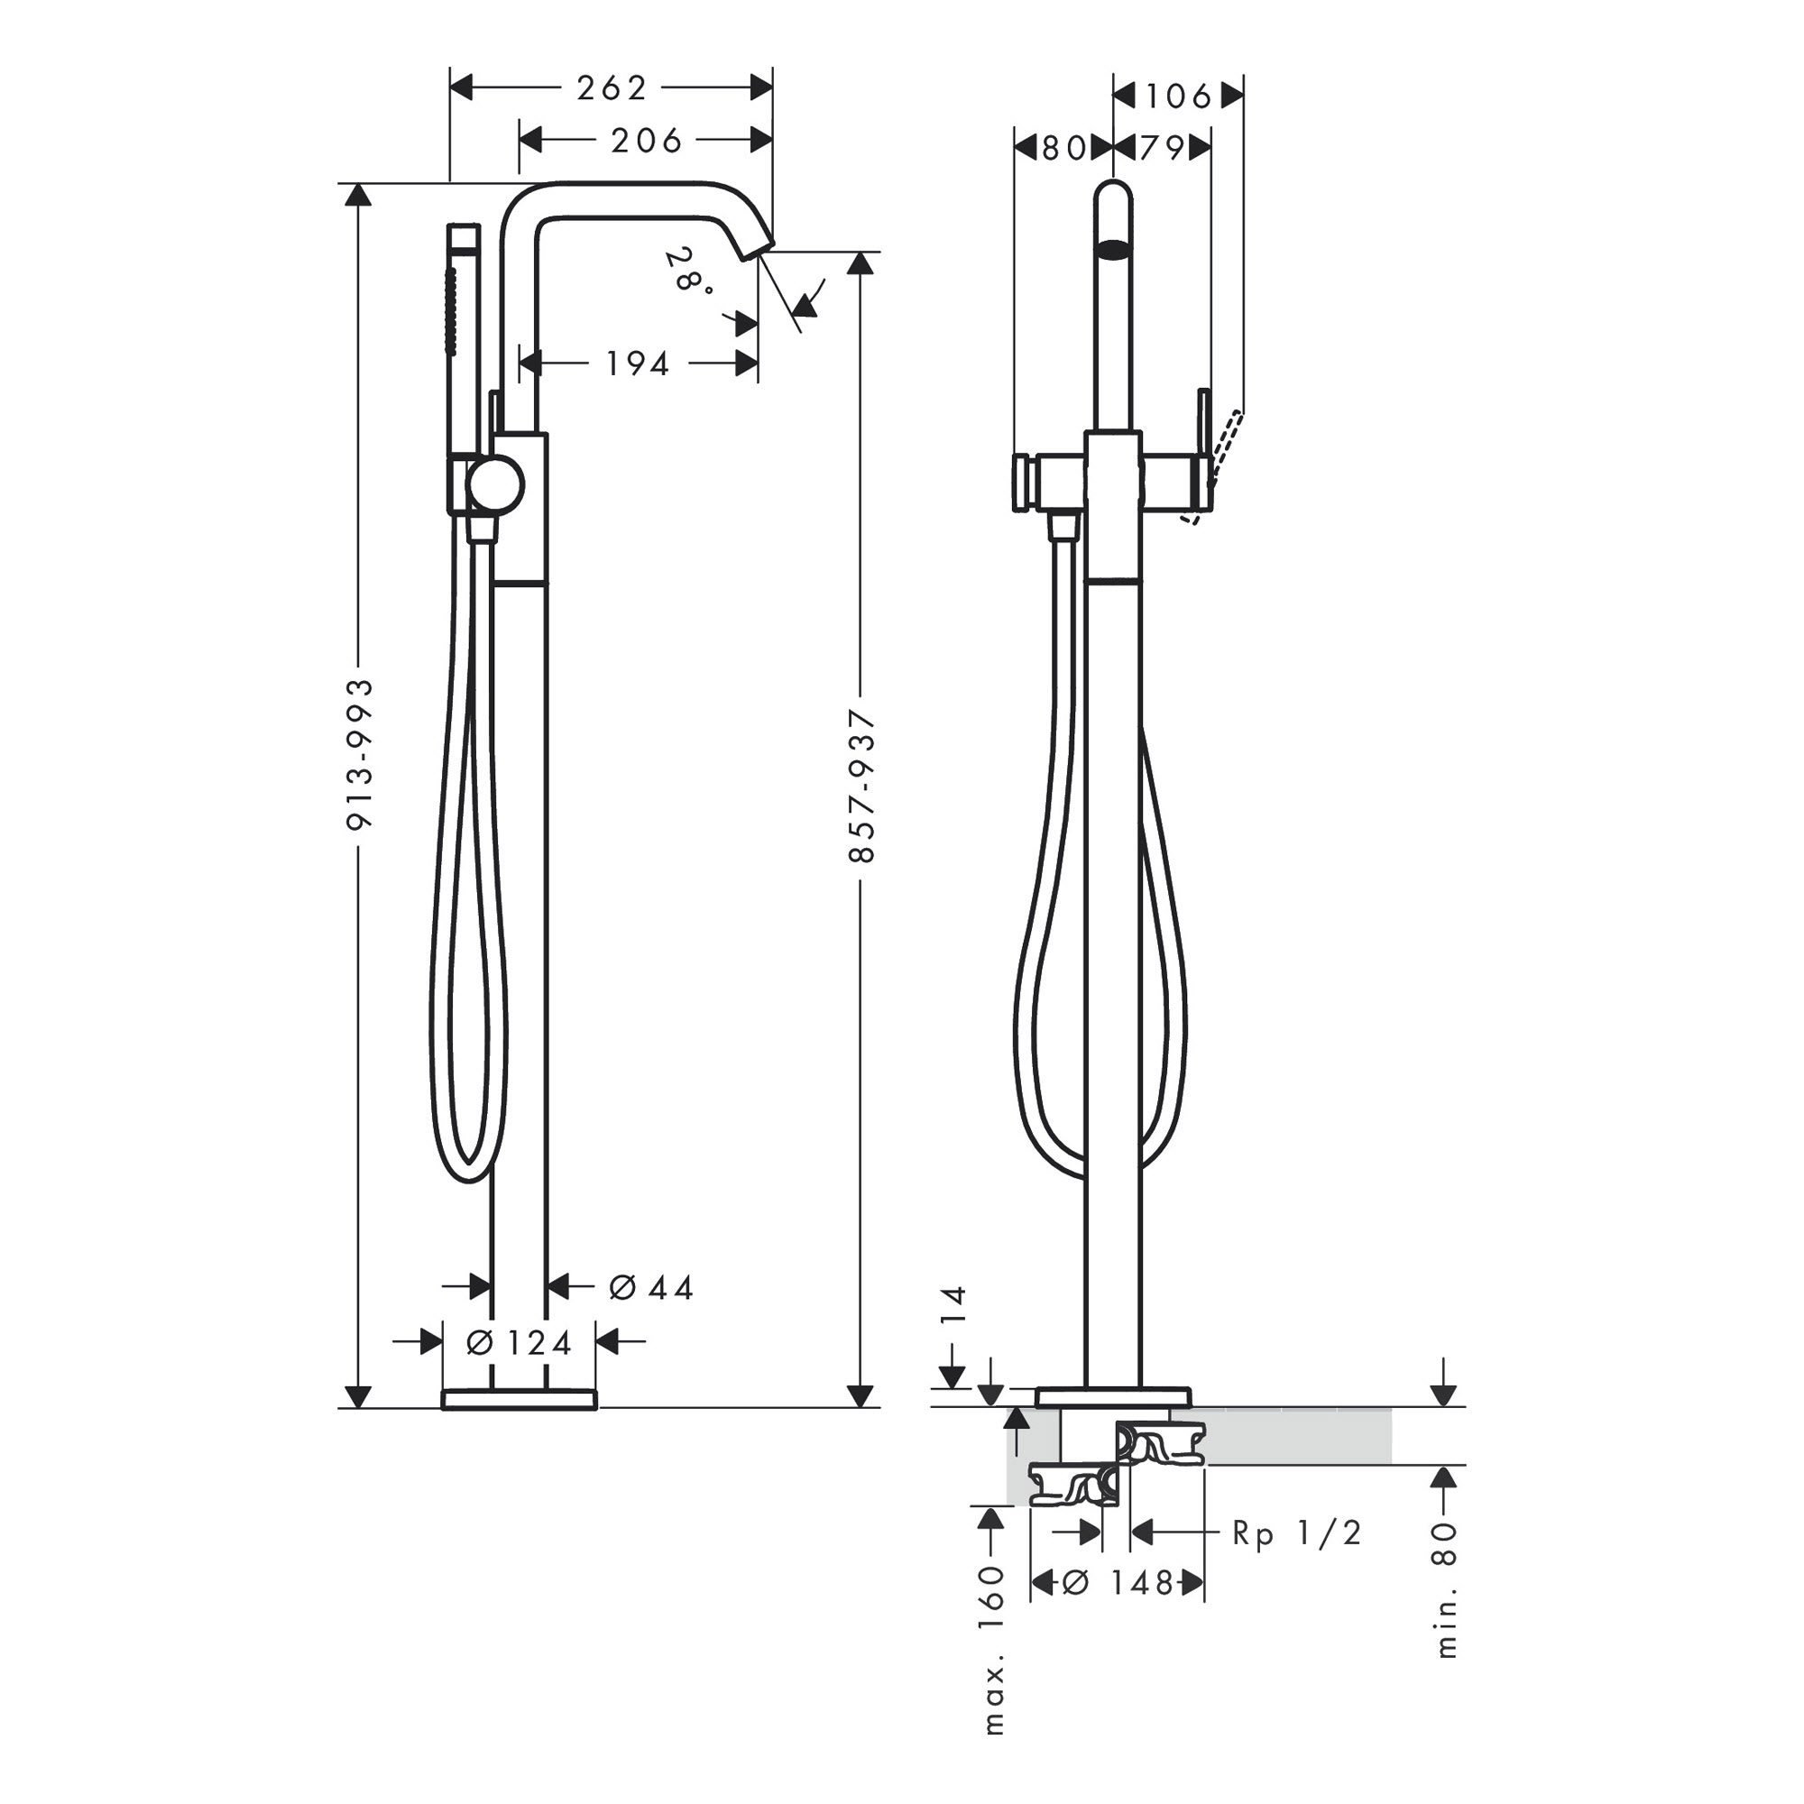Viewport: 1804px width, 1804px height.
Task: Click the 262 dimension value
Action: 612,87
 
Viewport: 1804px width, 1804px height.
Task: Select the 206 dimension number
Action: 646,141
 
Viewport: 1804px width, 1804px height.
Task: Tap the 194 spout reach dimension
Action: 638,364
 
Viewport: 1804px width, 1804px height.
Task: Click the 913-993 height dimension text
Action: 360,753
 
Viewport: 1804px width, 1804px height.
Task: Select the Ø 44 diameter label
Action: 651,1288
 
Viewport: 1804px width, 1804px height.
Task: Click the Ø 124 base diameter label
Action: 519,1343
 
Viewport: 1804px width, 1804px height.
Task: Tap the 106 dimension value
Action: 1178,96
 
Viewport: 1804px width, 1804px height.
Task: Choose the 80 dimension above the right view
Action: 1063,148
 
